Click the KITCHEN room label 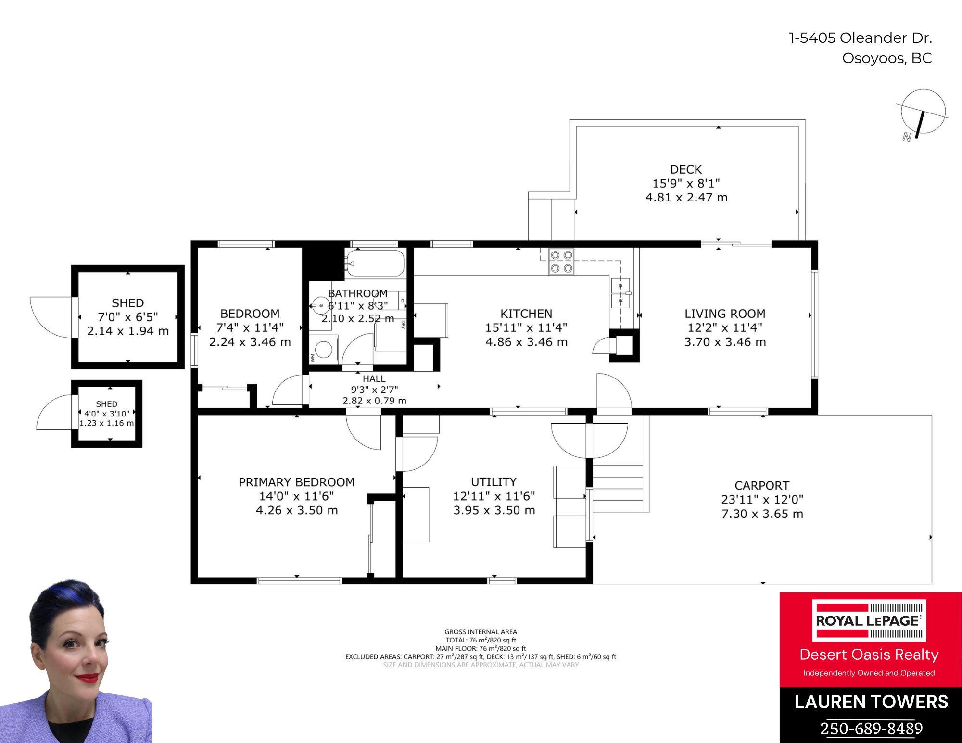click(x=526, y=314)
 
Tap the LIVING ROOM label click(x=725, y=314)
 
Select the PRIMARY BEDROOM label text click(x=297, y=482)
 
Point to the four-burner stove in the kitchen click(x=561, y=261)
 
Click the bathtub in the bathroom click(x=375, y=263)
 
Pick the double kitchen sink click(x=620, y=293)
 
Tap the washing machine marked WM click(x=324, y=350)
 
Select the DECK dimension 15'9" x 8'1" click(x=686, y=183)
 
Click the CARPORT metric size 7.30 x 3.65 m click(x=762, y=514)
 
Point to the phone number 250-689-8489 click(x=871, y=728)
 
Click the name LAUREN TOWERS click(x=871, y=702)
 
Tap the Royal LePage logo click(x=869, y=620)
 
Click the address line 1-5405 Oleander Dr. click(x=861, y=38)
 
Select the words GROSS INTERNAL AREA click(x=481, y=632)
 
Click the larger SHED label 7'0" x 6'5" click(x=128, y=316)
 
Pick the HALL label click(x=374, y=378)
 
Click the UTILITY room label click(x=494, y=481)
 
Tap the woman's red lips click(x=87, y=678)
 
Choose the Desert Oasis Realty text click(x=869, y=655)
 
